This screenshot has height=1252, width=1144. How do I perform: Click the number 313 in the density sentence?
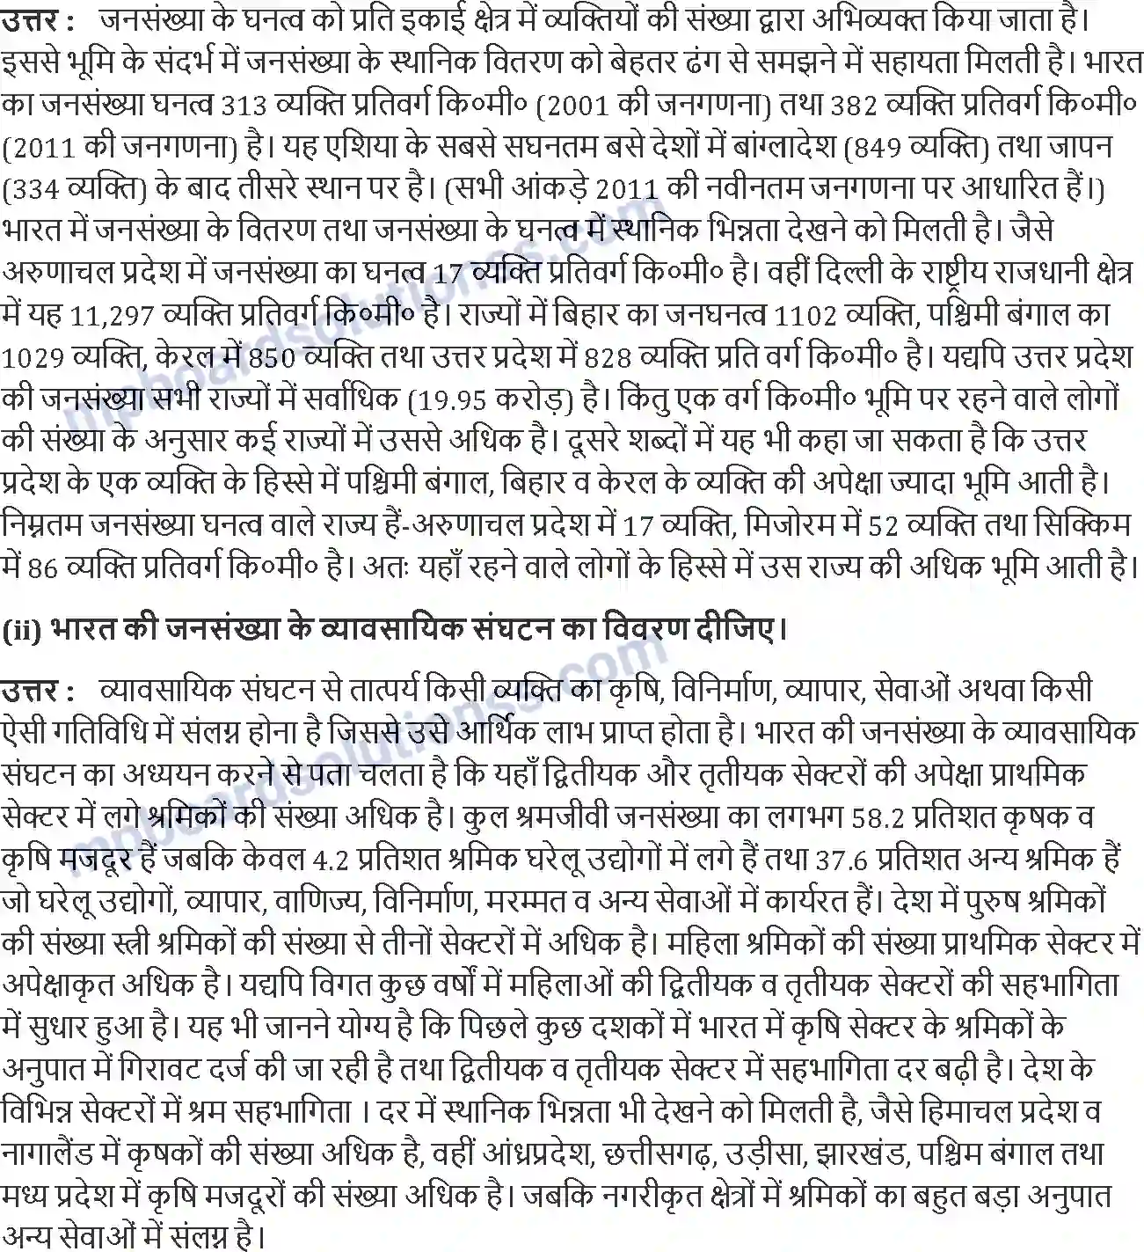click(244, 106)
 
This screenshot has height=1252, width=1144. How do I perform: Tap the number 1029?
click(33, 357)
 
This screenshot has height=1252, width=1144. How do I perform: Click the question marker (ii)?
click(21, 631)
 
